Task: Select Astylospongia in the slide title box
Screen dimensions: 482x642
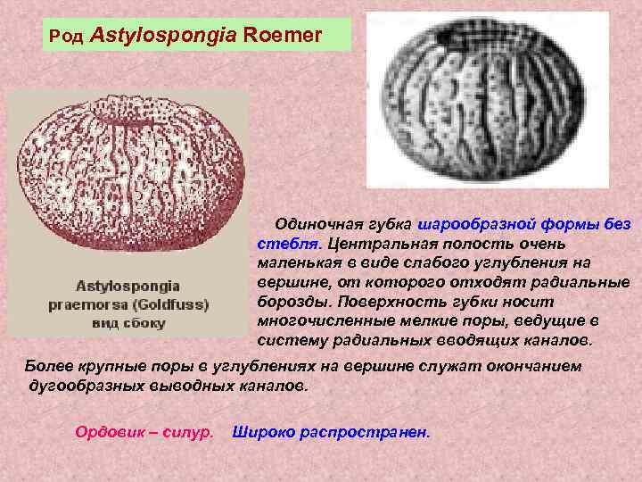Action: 169,36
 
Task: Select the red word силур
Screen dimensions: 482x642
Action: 191,432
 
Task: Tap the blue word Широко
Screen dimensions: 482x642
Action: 259,432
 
